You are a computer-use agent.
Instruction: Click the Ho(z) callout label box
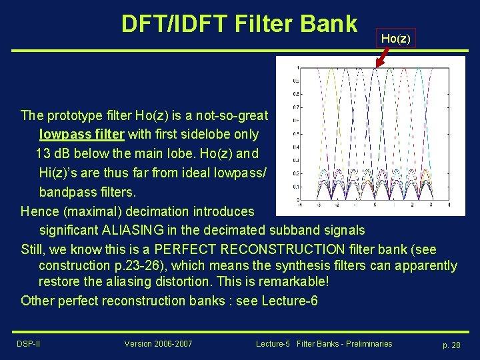[395, 39]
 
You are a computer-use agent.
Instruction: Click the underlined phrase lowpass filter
[81, 134]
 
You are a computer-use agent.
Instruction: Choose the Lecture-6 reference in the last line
[289, 301]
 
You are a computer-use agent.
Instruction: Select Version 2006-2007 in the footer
[158, 344]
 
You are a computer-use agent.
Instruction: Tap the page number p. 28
[452, 345]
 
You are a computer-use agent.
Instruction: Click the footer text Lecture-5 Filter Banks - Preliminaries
[324, 344]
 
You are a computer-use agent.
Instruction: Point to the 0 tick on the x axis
[375, 205]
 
